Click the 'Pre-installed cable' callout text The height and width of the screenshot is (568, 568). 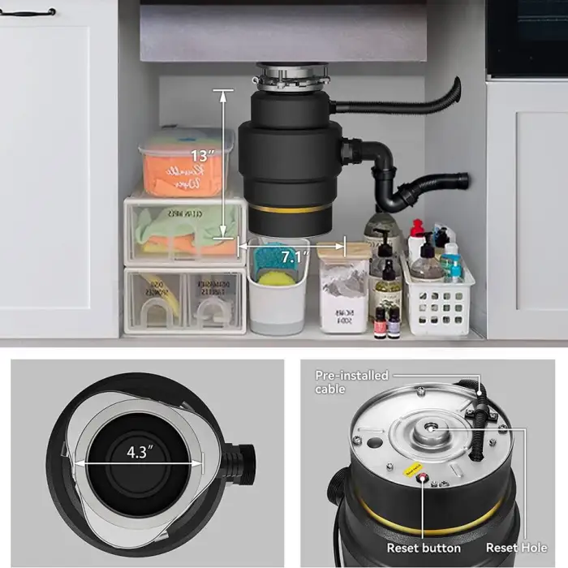(352, 382)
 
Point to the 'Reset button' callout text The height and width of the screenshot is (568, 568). (424, 549)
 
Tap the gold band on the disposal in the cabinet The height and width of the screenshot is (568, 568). (289, 210)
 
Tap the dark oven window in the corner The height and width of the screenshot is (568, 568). (527, 37)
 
